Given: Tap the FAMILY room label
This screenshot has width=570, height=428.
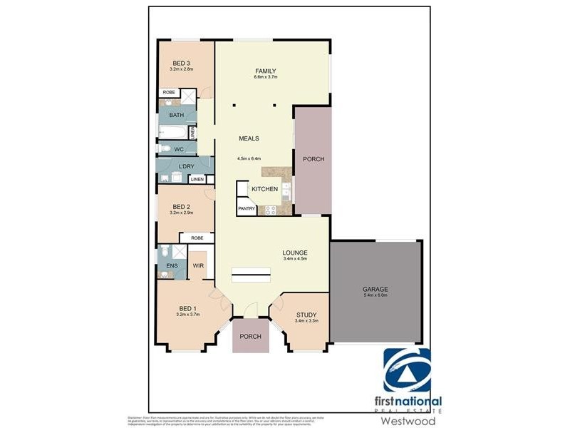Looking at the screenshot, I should pos(265,71).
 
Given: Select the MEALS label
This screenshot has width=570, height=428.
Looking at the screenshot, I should pos(249,138).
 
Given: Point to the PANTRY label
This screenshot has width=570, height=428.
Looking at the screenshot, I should pos(247,209).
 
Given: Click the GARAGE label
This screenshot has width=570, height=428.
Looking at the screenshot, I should pos(374,289).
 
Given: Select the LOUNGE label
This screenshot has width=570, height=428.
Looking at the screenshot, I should pos(294,253).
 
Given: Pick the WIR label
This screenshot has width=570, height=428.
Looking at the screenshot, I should pos(199,265).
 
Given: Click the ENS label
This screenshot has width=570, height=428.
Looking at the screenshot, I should pos(172,267).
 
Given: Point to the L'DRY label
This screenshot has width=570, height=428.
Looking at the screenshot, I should pos(175,166).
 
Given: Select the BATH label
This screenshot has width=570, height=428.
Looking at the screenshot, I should pos(176,115).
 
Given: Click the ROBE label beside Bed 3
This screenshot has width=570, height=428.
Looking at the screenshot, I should pos(170,93).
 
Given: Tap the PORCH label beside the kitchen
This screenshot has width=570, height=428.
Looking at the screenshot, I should pos(313,159).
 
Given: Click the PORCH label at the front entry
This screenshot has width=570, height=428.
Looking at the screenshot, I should pos(250,337).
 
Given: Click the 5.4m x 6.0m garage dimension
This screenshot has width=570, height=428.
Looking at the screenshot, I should pos(374,295).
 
